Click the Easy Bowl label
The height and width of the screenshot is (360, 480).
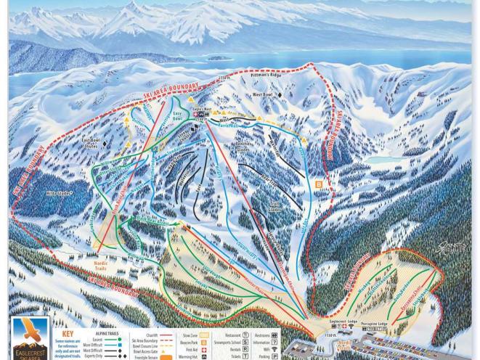177,116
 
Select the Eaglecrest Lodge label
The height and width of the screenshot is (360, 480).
343,321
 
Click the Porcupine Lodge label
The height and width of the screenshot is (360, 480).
393,324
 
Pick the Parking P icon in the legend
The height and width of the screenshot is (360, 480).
274,356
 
